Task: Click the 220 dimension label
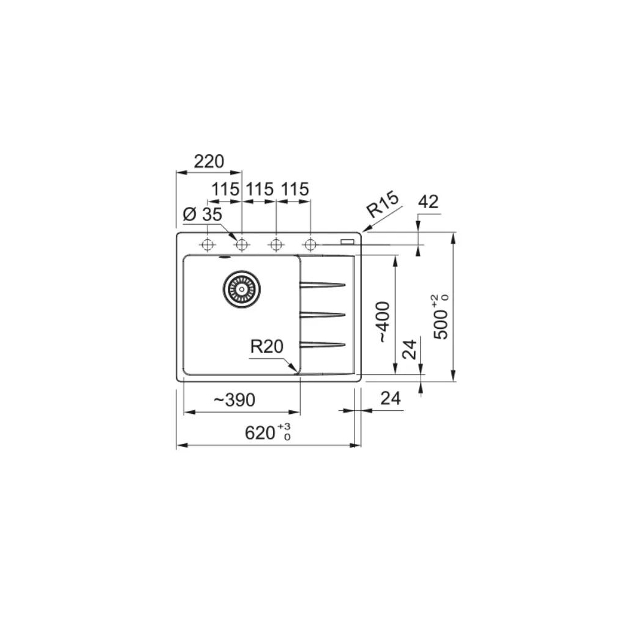point(209,162)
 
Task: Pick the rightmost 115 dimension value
point(295,190)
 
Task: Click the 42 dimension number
point(428,202)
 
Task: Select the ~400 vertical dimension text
point(382,321)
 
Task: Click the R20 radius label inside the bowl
point(266,347)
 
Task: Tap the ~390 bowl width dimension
point(234,400)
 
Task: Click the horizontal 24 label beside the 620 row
point(390,399)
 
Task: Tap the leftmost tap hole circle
point(207,244)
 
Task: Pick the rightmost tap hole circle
point(310,244)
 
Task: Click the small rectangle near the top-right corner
point(348,241)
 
